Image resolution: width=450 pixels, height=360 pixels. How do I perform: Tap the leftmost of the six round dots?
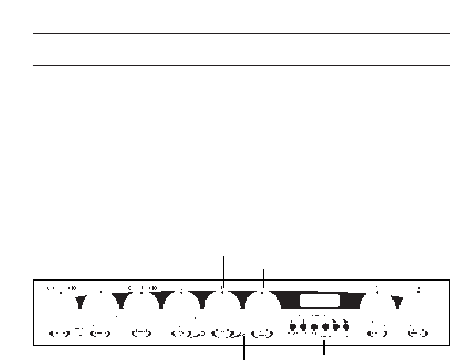click(293, 327)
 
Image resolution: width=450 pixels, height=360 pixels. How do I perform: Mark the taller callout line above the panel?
click(223, 269)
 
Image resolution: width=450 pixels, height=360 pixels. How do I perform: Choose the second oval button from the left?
click(100, 332)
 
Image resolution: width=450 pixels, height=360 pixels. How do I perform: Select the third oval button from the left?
click(141, 332)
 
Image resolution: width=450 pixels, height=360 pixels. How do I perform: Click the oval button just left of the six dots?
click(262, 332)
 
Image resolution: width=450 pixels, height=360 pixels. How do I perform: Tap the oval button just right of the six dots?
click(376, 332)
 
